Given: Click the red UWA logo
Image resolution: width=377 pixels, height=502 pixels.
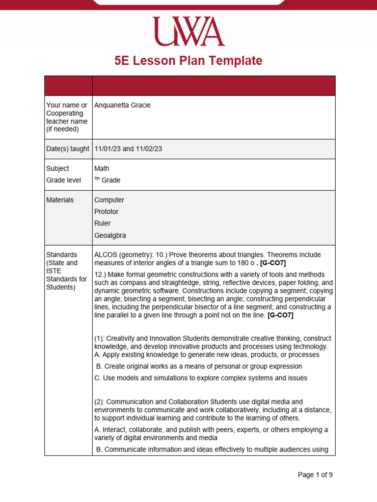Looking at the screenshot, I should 188,32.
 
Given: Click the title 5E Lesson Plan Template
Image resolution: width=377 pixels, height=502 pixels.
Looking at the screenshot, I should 188,61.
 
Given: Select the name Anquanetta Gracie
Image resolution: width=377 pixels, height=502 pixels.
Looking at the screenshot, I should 122,105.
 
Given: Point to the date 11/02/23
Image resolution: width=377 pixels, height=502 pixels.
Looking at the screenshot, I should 149,149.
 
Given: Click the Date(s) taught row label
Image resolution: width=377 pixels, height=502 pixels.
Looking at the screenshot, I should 68,149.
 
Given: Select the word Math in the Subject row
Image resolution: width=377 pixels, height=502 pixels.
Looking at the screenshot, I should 102,169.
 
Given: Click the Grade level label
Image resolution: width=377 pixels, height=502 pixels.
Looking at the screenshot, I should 63,180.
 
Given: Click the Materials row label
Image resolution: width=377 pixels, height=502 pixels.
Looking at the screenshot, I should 60,200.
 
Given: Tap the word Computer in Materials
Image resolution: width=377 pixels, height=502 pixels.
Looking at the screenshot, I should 109,200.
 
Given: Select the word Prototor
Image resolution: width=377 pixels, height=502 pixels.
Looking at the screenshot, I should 106,212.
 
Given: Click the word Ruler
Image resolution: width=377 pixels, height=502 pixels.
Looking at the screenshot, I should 102,224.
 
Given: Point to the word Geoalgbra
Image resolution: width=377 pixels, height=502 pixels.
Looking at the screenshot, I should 110,235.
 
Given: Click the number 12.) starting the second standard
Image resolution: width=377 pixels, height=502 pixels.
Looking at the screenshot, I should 100,275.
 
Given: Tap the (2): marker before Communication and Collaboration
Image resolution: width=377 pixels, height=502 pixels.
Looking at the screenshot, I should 100,402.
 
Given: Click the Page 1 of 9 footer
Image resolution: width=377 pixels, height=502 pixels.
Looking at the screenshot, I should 315,475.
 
